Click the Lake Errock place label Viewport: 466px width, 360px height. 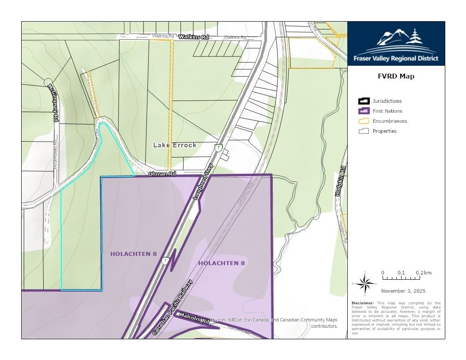point(175,145)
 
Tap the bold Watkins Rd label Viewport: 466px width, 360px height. point(193,37)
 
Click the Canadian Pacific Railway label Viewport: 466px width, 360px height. point(173,307)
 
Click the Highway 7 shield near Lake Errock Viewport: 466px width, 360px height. point(218,147)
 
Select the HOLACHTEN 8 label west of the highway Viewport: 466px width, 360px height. point(134,254)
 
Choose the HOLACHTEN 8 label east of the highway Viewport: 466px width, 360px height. point(222,263)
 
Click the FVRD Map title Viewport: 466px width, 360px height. point(396,76)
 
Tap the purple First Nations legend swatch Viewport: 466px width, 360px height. point(364,111)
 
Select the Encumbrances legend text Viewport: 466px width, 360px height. point(390,121)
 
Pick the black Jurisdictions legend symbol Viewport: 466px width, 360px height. point(364,101)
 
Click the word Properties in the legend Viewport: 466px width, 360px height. point(384,131)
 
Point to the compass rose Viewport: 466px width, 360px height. point(365,284)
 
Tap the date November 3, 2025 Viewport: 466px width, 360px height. point(403,291)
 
